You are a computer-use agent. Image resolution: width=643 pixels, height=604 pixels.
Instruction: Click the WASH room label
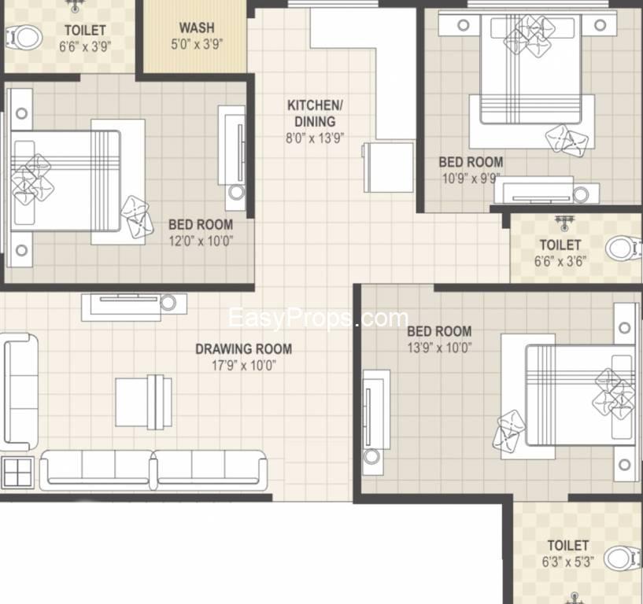pyautogui.click(x=197, y=28)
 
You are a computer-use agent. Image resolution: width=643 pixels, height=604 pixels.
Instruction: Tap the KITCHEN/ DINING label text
pyautogui.click(x=315, y=113)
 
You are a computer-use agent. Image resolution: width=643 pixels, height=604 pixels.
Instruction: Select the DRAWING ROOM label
pyautogui.click(x=244, y=349)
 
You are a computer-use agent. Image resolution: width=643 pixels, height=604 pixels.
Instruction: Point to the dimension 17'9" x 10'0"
pyautogui.click(x=244, y=365)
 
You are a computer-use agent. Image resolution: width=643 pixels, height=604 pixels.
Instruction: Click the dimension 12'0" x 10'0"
pyautogui.click(x=201, y=241)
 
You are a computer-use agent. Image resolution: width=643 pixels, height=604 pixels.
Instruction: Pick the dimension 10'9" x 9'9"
pyautogui.click(x=471, y=179)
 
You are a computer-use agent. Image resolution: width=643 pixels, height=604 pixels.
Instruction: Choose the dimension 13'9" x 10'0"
pyautogui.click(x=439, y=348)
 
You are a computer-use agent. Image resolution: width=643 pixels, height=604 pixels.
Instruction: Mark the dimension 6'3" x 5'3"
pyautogui.click(x=568, y=562)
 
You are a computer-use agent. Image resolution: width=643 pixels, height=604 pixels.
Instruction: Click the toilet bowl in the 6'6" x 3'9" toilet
pyautogui.click(x=24, y=38)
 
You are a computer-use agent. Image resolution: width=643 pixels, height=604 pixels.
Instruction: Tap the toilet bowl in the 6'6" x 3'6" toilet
pyautogui.click(x=624, y=248)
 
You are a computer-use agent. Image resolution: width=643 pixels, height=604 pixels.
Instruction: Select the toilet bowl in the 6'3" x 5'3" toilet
pyautogui.click(x=624, y=558)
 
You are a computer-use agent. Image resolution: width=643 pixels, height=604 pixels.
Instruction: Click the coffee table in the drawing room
pyautogui.click(x=143, y=402)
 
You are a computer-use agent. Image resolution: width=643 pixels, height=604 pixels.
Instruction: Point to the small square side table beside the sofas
pyautogui.click(x=17, y=473)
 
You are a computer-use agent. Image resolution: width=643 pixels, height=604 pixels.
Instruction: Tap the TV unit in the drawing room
pyautogui.click(x=134, y=307)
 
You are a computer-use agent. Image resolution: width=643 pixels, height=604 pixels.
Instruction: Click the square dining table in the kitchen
pyautogui.click(x=388, y=168)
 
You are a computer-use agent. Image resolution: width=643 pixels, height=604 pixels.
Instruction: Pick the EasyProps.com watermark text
pyautogui.click(x=318, y=318)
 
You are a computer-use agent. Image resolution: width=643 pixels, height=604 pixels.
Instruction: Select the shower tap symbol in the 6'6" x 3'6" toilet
pyautogui.click(x=564, y=223)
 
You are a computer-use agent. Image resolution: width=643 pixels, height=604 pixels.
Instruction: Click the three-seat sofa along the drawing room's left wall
pyautogui.click(x=20, y=392)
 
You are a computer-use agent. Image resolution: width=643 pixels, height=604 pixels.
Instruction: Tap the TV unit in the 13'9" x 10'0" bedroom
pyautogui.click(x=376, y=422)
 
